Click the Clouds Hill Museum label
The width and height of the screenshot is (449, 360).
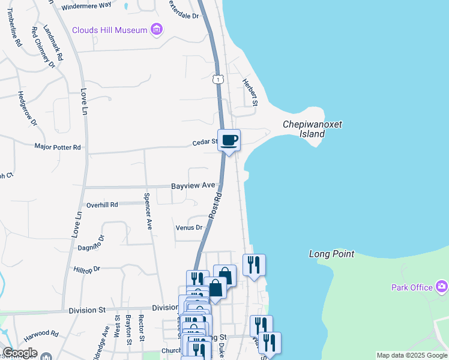click(x=110, y=30)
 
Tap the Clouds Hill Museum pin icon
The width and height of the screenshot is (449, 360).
click(x=157, y=29)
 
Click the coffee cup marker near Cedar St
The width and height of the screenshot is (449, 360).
click(x=229, y=140)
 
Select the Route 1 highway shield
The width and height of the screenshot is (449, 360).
click(x=218, y=79)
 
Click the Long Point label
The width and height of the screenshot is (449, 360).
click(x=331, y=254)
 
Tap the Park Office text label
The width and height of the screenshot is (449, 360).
click(x=412, y=287)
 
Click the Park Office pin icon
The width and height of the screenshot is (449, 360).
click(x=442, y=286)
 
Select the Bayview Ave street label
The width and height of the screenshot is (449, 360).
click(x=193, y=187)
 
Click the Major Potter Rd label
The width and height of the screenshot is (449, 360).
click(x=58, y=147)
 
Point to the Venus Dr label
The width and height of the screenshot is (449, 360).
click(x=189, y=228)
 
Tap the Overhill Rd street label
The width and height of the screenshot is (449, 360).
click(x=101, y=205)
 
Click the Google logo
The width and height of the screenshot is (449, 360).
click(x=20, y=353)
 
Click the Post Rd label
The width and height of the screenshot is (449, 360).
click(x=216, y=206)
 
